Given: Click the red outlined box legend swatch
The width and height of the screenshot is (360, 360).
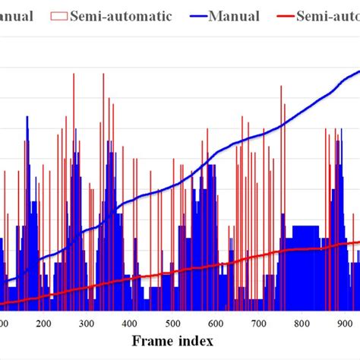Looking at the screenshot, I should click(58, 15).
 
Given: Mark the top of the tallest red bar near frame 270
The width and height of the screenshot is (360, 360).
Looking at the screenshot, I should click(74, 74).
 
